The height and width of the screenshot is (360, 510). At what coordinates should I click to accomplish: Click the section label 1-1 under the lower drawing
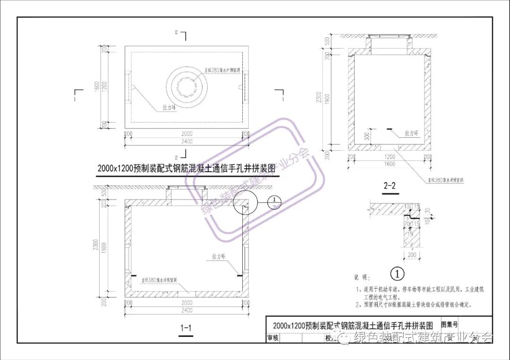(185, 327)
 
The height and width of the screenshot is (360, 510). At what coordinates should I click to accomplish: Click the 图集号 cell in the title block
(449, 324)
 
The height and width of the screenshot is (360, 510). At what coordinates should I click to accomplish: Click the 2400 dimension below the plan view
(187, 141)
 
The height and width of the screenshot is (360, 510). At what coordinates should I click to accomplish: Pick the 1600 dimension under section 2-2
(389, 164)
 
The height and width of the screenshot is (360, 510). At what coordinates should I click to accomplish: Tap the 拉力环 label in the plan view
(169, 107)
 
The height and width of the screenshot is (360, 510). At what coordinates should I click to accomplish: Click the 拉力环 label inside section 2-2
(411, 134)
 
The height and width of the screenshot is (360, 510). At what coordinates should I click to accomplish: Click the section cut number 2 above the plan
(176, 33)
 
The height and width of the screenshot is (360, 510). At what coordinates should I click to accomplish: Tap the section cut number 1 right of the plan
(282, 100)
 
